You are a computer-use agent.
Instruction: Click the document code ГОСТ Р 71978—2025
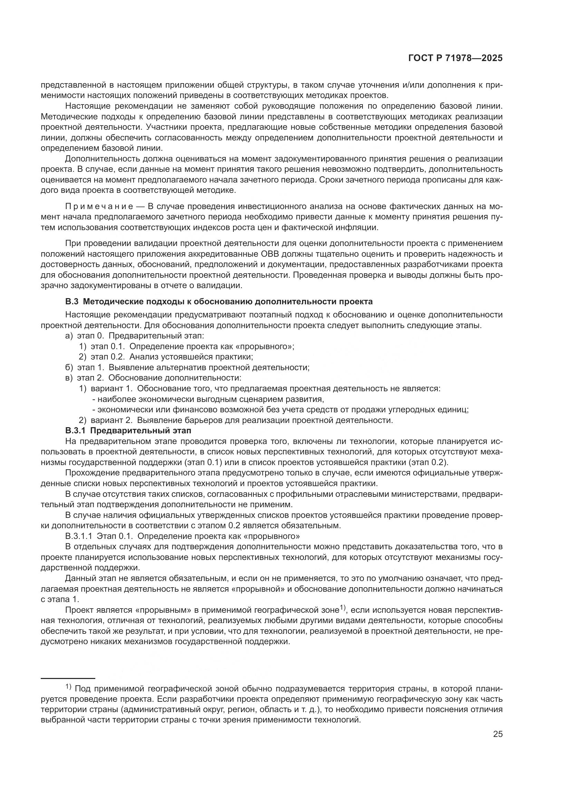455,58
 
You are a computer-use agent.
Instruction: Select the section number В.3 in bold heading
72,302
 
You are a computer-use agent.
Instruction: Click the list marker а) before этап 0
69,336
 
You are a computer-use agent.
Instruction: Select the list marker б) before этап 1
69,368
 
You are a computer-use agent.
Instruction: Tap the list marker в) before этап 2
69,378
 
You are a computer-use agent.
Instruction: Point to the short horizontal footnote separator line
68,678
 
